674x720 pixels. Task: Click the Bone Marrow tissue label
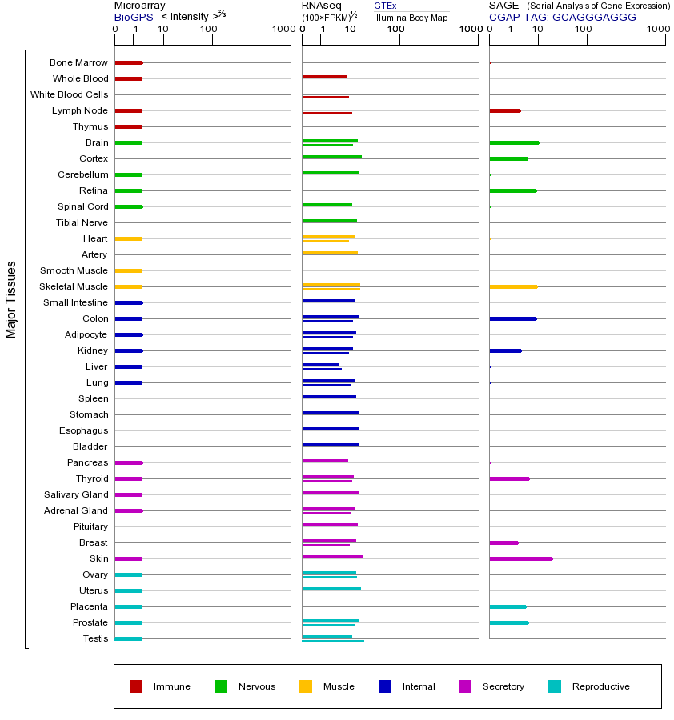click(78, 62)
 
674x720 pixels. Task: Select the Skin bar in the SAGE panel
click(520, 558)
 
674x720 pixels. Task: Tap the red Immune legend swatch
click(136, 686)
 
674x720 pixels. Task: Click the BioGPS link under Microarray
click(132, 16)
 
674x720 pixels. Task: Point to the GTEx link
click(385, 6)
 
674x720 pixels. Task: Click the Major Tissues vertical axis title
click(11, 299)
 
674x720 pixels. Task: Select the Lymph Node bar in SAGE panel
click(504, 110)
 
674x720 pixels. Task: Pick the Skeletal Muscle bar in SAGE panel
click(513, 286)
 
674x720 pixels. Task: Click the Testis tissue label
click(95, 638)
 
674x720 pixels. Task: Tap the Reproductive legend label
click(600, 686)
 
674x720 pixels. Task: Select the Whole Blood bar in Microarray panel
click(128, 78)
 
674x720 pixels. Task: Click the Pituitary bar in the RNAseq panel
click(330, 525)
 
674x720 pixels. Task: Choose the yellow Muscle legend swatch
click(306, 686)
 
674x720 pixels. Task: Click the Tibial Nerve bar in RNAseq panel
click(329, 221)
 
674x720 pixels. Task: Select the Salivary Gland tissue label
click(76, 494)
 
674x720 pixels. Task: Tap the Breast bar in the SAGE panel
click(503, 542)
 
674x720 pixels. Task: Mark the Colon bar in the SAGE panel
click(512, 318)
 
